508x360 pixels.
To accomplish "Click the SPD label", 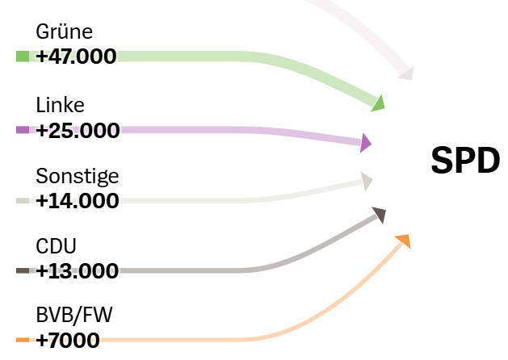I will point(465,161).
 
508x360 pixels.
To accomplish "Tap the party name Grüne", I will point(65,32).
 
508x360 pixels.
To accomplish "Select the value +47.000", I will point(76,56).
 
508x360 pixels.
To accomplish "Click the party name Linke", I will point(61,106).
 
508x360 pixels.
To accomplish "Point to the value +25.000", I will point(78,130).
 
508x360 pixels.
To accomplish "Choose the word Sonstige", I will point(78,177).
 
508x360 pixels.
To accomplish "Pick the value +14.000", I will point(78,201).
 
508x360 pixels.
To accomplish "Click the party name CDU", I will point(57,246).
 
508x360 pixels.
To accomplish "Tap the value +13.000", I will point(78,270).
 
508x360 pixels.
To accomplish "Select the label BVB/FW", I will point(74,316).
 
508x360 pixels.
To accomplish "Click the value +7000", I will point(68,340).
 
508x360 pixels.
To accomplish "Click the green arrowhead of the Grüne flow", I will point(377,102).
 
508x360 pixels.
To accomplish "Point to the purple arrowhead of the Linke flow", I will point(366,143).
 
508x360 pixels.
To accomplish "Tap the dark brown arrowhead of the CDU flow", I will point(379,214).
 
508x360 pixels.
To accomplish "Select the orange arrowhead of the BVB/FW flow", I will point(403,240).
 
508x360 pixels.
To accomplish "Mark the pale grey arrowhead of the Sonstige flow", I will point(367,181).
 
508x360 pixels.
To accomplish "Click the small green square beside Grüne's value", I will point(23,56).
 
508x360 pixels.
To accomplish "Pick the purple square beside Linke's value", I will point(23,129).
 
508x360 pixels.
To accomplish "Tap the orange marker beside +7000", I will point(23,340).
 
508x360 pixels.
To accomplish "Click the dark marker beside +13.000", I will point(23,270).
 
